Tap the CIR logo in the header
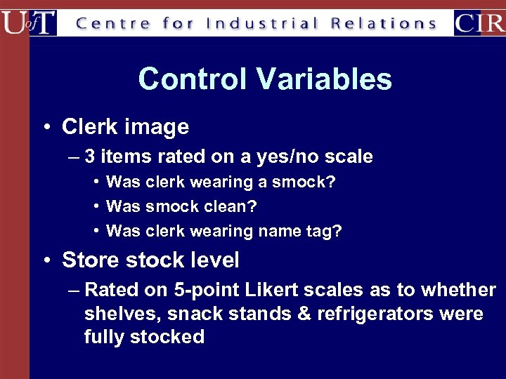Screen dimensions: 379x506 click(x=479, y=22)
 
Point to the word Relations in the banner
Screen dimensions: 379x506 click(x=384, y=23)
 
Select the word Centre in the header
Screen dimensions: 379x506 click(x=112, y=23)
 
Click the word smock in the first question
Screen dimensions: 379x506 click(x=298, y=182)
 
